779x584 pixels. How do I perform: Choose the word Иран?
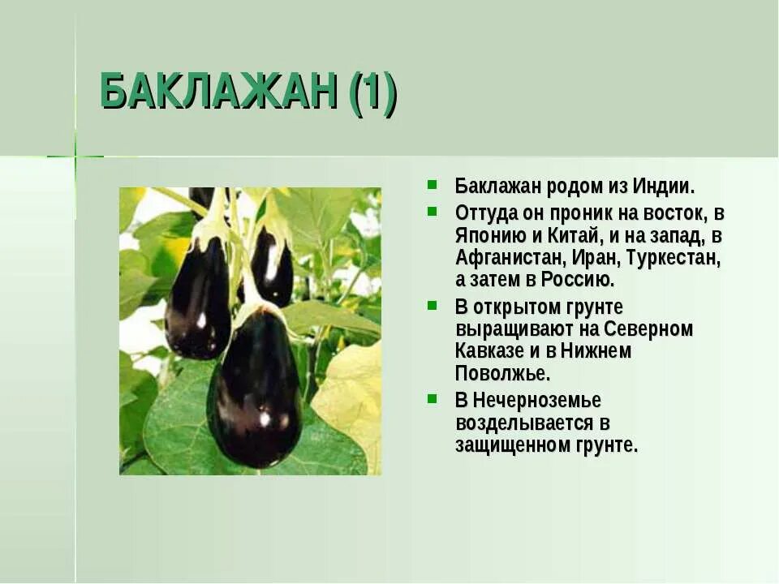tap(597, 259)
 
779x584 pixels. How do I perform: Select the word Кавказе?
tap(489, 351)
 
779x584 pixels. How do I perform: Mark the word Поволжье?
tap(502, 373)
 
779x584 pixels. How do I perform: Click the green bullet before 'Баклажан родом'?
tap(433, 184)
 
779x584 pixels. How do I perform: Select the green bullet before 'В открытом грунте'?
tap(433, 306)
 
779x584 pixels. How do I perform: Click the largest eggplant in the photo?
tap(256, 389)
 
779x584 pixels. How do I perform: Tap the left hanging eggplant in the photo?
tap(197, 300)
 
